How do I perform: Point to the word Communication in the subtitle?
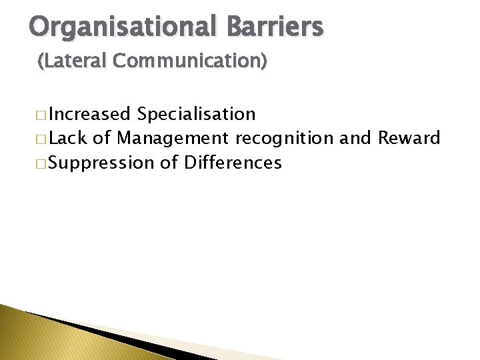click(190, 61)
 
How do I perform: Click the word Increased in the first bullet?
click(89, 114)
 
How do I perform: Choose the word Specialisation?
click(196, 115)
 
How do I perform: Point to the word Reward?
click(409, 138)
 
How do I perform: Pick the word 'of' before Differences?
click(168, 162)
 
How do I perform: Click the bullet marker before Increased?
click(43, 115)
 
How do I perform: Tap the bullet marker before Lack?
click(43, 139)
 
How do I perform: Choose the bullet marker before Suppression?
click(43, 163)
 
